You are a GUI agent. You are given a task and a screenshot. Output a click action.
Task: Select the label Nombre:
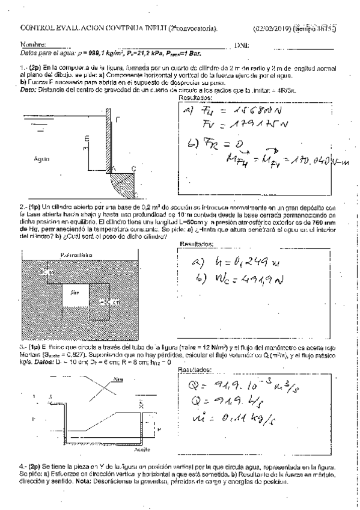(x=33, y=45)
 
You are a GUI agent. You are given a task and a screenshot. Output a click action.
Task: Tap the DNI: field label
(x=242, y=45)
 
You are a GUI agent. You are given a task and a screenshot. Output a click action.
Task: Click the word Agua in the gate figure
(x=42, y=159)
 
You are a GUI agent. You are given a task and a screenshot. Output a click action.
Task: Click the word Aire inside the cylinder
(x=75, y=292)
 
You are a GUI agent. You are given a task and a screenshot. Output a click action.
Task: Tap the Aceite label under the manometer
(x=142, y=449)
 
